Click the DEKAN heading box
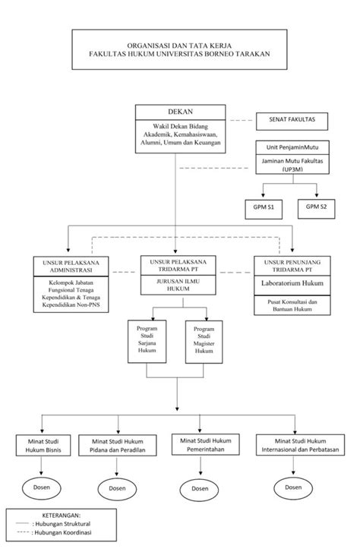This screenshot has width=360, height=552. point(180,112)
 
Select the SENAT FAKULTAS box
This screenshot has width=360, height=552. point(292,121)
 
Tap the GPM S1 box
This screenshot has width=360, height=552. point(264,209)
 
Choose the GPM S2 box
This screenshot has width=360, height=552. point(316,209)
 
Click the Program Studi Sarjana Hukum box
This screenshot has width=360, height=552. point(147,341)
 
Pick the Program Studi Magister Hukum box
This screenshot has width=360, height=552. point(204,342)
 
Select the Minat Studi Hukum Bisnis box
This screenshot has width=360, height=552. point(43,446)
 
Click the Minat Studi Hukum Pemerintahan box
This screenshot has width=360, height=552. point(205,445)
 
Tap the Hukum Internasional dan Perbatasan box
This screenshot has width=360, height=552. point(300,445)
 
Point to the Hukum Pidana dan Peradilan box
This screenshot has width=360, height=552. point(117,446)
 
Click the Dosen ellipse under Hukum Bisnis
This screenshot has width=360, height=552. point(42,488)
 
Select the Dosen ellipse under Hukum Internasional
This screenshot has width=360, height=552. point(293,488)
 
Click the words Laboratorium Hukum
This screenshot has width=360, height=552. point(292,283)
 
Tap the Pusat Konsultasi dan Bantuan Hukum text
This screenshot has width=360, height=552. point(292,305)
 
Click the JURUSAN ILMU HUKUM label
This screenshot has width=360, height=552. point(178,285)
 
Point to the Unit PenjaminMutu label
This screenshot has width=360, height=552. point(292,147)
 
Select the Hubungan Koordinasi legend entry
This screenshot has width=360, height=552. point(54,532)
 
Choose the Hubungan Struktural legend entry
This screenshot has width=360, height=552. point(53,523)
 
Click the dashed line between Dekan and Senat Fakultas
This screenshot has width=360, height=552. point(242,121)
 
